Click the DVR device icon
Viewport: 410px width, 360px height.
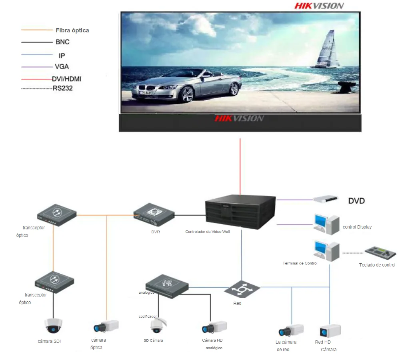click(154, 215)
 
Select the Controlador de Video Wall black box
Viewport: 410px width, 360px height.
click(240, 212)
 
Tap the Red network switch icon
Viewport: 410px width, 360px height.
click(242, 289)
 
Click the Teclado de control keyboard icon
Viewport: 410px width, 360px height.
click(380, 253)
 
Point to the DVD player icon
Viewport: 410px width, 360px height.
click(326, 199)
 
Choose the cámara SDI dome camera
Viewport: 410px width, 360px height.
click(53, 326)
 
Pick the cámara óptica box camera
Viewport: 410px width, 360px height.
click(106, 326)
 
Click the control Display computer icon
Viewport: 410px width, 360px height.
click(326, 224)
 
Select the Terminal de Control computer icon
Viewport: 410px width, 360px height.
click(326, 251)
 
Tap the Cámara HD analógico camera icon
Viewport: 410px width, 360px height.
click(214, 327)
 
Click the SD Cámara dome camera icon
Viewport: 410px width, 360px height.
click(158, 325)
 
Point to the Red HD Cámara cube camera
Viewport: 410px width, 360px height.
click(330, 331)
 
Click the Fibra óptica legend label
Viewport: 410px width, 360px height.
click(72, 30)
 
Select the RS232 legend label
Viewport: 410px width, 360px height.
click(63, 88)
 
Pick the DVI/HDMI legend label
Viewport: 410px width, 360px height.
click(67, 79)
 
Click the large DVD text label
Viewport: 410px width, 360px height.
click(356, 201)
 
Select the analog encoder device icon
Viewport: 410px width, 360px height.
click(167, 286)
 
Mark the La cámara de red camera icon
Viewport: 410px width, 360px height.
click(291, 330)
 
